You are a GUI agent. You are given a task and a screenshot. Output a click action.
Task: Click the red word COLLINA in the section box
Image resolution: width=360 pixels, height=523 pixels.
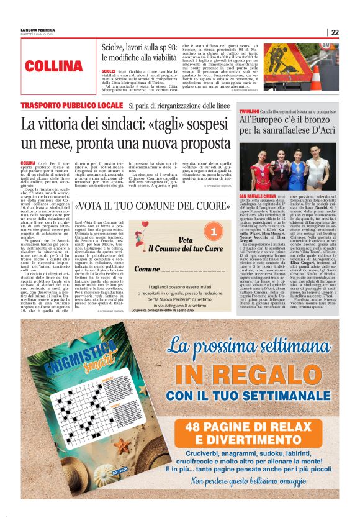click(x=54, y=66)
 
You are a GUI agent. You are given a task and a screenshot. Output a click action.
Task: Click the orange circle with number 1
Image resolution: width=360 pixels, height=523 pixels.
click(x=212, y=232)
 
